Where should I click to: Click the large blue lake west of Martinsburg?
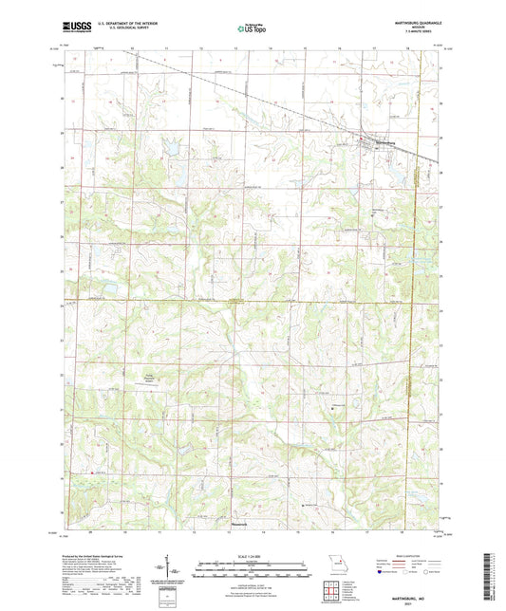(x=174, y=148)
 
